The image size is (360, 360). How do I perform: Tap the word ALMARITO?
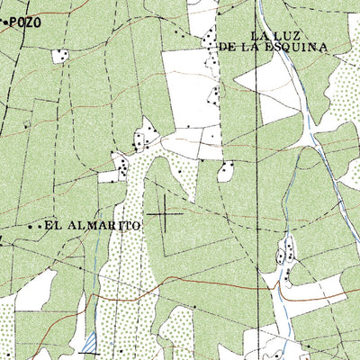pyautogui.click(x=103, y=226)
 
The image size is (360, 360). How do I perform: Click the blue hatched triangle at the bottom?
pyautogui.click(x=89, y=341)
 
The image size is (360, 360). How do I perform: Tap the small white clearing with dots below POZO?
pyautogui.click(x=60, y=55)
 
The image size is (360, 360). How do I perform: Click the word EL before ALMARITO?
pyautogui.click(x=52, y=226)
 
